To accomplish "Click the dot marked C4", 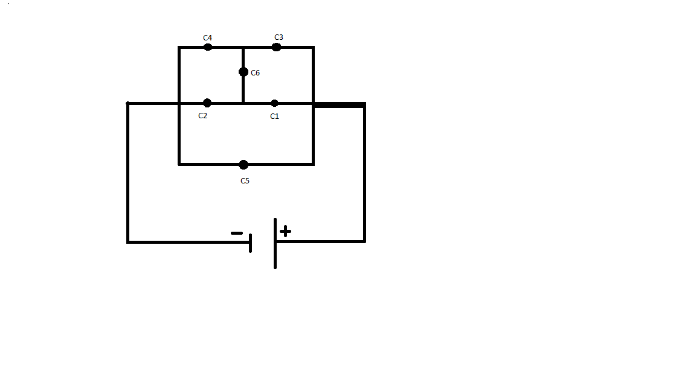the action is [x=208, y=47].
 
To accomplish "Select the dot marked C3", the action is [x=276, y=47].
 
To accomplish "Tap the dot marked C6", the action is [x=243, y=72].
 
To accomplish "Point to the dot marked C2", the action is [x=207, y=103].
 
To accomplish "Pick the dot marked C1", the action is [x=274, y=103].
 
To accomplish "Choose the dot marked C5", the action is [x=243, y=165].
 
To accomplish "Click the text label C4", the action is [x=207, y=37].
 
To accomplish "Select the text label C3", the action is [x=279, y=37].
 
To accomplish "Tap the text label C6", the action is [x=255, y=72].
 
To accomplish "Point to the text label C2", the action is [x=203, y=116].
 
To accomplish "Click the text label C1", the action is [x=275, y=116].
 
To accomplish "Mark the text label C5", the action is [x=245, y=181].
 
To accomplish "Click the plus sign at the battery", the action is [x=285, y=231].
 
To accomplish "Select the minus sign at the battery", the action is [x=237, y=233].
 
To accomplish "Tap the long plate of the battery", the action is [x=275, y=243].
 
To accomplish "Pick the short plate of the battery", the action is [x=251, y=243].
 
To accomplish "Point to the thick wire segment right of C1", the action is [x=339, y=105].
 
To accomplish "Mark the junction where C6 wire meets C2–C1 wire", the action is [x=243, y=103].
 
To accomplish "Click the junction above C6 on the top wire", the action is [x=243, y=47].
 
